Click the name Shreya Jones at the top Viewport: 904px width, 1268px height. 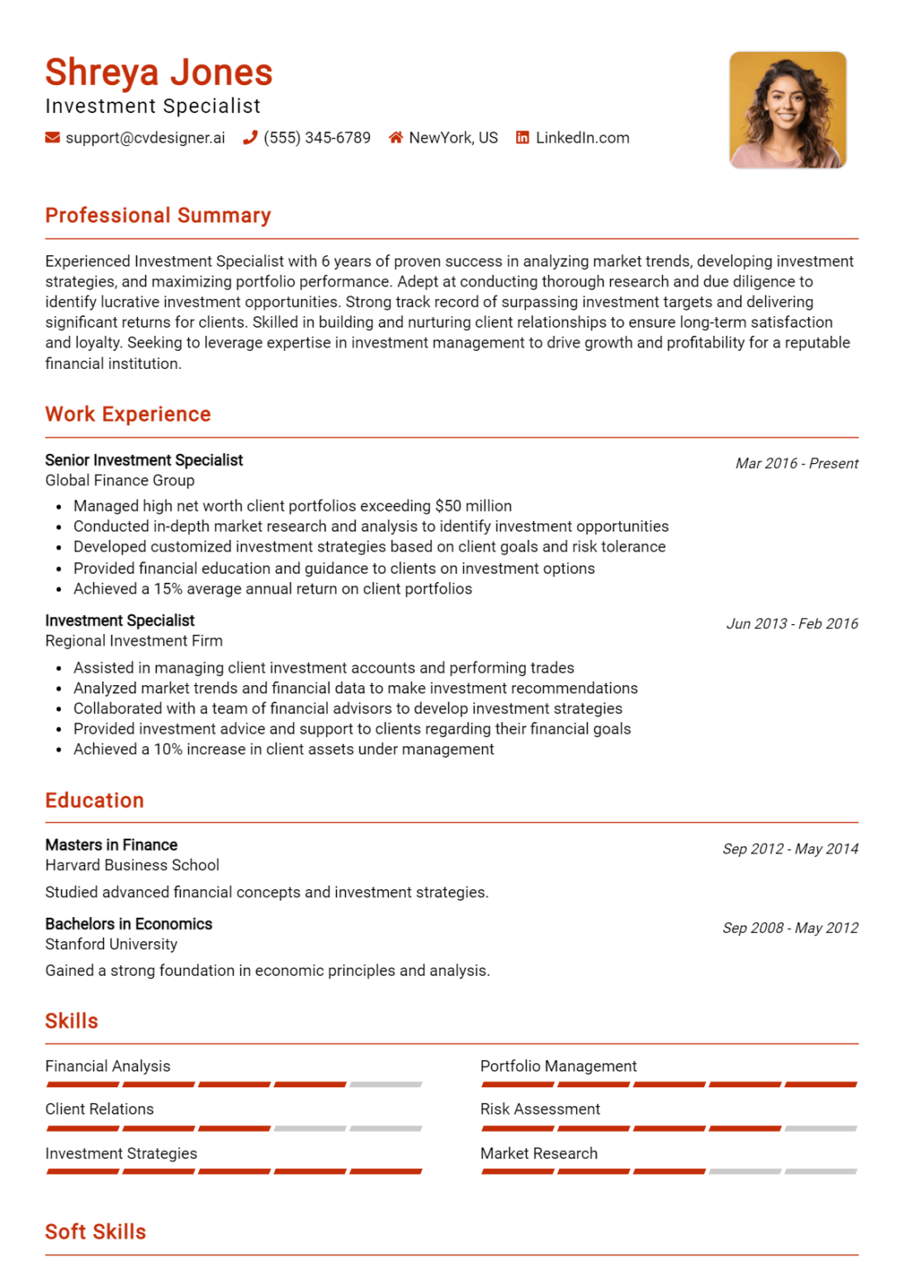[x=159, y=73]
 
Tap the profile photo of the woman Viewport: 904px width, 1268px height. [x=788, y=110]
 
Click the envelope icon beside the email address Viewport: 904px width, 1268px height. [x=52, y=138]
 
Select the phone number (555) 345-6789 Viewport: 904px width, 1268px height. [x=317, y=138]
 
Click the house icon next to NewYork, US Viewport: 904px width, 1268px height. [x=395, y=138]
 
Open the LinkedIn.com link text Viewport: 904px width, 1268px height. [x=582, y=138]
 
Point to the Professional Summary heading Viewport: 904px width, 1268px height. [x=158, y=215]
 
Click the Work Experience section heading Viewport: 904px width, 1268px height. [x=128, y=414]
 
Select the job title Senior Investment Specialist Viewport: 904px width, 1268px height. [x=144, y=460]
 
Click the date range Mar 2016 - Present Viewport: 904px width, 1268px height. [x=796, y=464]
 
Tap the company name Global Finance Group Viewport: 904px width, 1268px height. [x=120, y=480]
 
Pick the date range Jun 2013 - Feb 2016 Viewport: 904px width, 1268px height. [x=792, y=624]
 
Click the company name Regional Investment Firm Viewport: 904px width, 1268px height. [x=134, y=641]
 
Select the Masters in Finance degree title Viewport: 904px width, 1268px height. [x=111, y=845]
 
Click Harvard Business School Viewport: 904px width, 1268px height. [x=132, y=865]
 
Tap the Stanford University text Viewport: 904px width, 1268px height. [x=111, y=944]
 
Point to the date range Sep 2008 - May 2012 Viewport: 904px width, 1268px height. [x=790, y=928]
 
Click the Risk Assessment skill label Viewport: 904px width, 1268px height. [x=540, y=1109]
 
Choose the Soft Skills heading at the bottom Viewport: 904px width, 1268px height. [x=96, y=1232]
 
